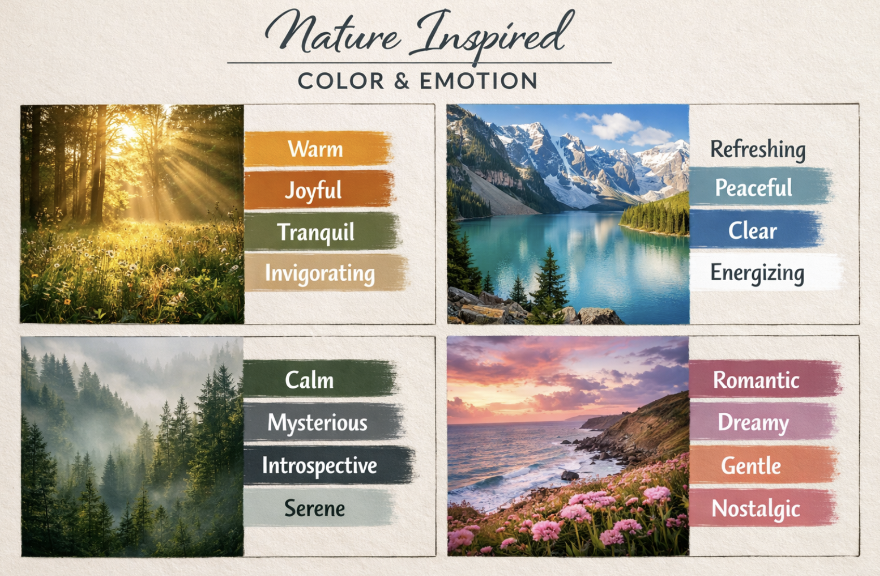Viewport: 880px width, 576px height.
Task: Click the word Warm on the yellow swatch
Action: [x=315, y=149]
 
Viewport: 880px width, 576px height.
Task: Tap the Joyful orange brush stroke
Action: [x=319, y=190]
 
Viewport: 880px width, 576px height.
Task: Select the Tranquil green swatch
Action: [x=322, y=231]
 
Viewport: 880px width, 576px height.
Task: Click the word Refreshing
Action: [x=758, y=150]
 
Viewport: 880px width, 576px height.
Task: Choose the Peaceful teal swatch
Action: [x=761, y=186]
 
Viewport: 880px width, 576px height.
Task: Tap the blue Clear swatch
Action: [x=756, y=230]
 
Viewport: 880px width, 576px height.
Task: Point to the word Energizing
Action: [x=757, y=272]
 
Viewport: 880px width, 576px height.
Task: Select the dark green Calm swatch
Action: [x=320, y=378]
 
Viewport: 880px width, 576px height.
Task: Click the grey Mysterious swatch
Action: [x=324, y=422]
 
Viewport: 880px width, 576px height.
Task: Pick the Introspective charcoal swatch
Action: [x=329, y=465]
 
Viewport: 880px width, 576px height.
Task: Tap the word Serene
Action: [x=315, y=508]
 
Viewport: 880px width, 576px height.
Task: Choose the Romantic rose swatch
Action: [x=765, y=378]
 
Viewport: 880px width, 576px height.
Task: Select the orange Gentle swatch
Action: [x=764, y=465]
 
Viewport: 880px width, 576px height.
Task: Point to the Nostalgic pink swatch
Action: [x=763, y=508]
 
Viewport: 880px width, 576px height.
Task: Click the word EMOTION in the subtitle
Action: [x=478, y=81]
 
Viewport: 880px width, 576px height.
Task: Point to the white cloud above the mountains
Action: [x=617, y=126]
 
